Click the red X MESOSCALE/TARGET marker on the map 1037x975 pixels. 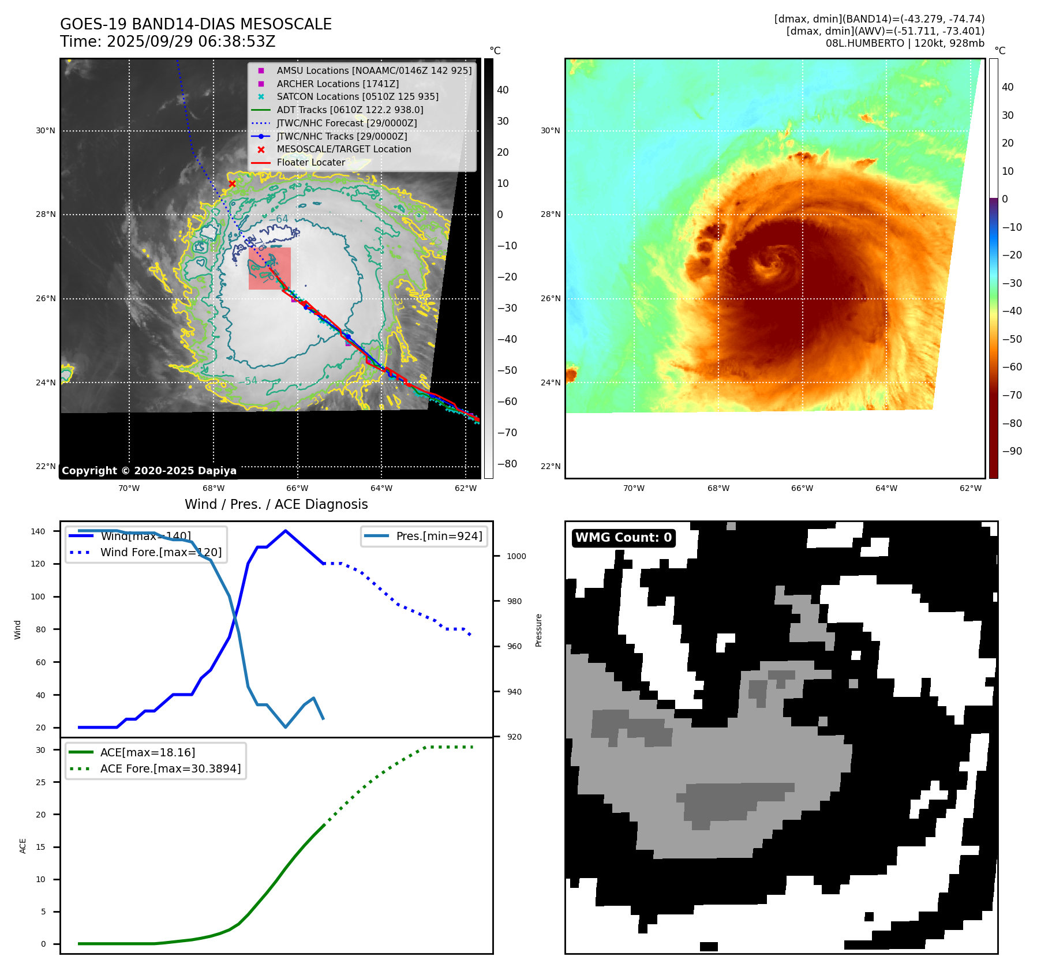point(232,184)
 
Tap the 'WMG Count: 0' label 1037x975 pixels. point(623,538)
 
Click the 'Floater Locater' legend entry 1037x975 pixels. point(310,162)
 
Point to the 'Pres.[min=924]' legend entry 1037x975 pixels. point(439,536)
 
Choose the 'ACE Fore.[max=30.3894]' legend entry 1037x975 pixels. point(170,768)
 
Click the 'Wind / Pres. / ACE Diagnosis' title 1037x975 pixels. point(276,504)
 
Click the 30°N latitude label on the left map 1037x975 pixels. point(46,131)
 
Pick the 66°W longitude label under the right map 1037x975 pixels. point(802,488)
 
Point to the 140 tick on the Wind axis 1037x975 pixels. point(38,531)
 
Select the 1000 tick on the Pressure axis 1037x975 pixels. point(516,556)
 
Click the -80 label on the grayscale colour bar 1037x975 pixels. point(507,464)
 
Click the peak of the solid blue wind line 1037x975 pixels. point(286,531)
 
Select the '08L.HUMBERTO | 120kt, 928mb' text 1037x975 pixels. point(904,43)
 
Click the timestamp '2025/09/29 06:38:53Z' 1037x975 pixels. point(191,42)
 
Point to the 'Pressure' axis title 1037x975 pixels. point(538,630)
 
